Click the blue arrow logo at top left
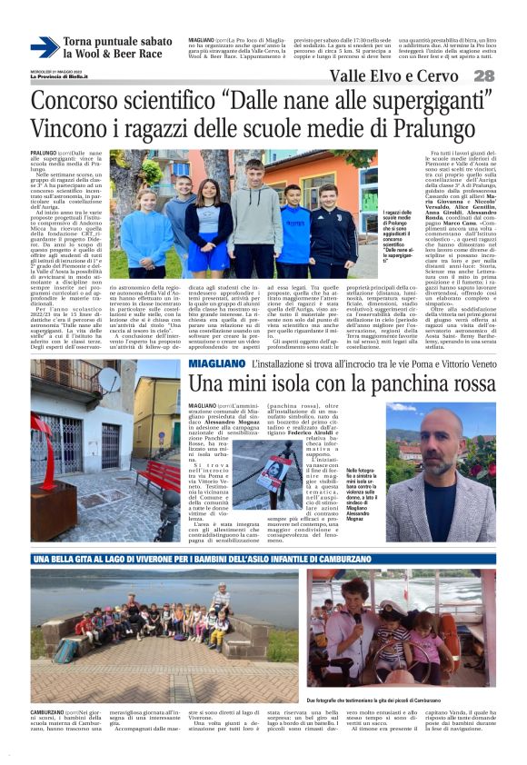pyautogui.click(x=44, y=47)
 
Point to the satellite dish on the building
pyautogui.click(x=109, y=380)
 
